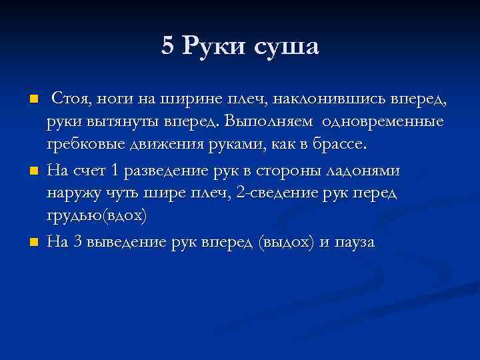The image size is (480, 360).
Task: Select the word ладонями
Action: click(363, 171)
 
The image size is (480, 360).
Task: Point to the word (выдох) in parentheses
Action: click(285, 242)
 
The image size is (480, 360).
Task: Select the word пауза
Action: click(354, 243)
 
